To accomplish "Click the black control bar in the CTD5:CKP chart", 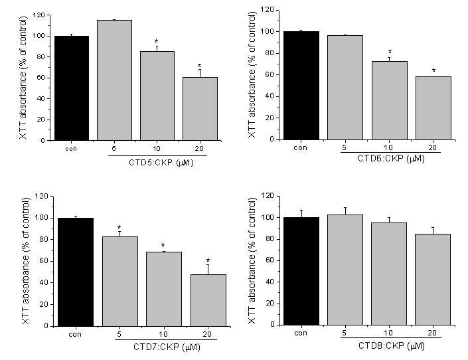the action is pos(72,88).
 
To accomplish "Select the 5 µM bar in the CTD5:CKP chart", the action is pos(114,80).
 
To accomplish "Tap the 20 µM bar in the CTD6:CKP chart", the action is pos(433,108).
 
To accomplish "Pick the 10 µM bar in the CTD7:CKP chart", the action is pos(164,289).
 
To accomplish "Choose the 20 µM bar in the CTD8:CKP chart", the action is pos(433,280).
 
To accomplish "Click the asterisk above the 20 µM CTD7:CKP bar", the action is pos(208,260).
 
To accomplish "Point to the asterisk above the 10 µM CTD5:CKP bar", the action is pos(157,41).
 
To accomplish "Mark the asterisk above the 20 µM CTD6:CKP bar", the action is pos(433,70).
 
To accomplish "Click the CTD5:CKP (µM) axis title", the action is pos(161,163).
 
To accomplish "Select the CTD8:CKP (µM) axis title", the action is pos(391,346).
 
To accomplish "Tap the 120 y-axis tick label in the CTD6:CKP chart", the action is pos(267,10).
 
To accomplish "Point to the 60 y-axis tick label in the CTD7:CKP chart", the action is pos(44,261).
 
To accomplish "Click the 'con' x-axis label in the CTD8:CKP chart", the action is pos(301,333).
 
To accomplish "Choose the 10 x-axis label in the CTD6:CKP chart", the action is pos(388,147).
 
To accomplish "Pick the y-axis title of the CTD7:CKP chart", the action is pos(26,261).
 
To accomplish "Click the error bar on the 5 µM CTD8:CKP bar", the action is pos(345,211).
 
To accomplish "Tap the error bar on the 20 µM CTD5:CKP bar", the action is pos(200,74).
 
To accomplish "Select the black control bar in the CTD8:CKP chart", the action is pos(301,271).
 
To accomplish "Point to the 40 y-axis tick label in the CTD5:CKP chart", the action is pos(42,98).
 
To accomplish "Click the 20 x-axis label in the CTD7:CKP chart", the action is pos(207,334).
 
